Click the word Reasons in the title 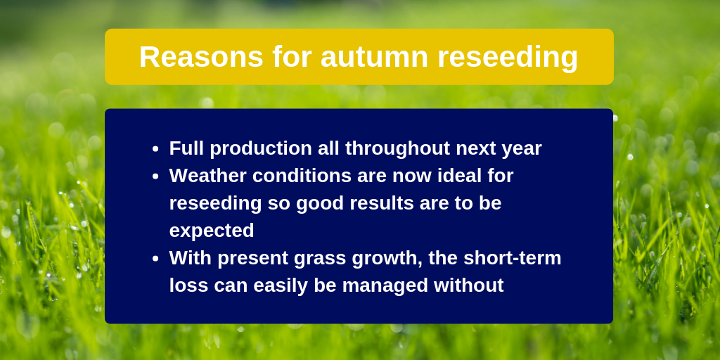(201, 57)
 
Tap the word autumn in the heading (374, 57)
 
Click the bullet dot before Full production (155, 149)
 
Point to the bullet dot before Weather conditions (155, 176)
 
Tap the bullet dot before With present (155, 259)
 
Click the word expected (212, 231)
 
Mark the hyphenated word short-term (513, 257)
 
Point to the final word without (469, 285)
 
